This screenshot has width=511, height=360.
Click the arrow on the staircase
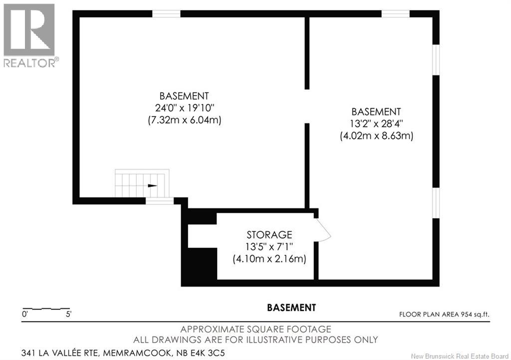tap(153, 186)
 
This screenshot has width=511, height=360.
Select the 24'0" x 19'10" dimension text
tap(184, 108)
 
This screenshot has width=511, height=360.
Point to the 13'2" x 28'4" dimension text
tap(376, 124)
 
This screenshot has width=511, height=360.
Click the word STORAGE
tap(269, 235)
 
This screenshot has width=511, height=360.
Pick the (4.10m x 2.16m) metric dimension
tap(269, 259)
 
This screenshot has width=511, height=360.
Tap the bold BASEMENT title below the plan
tap(291, 308)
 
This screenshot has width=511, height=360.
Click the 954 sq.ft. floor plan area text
tap(475, 315)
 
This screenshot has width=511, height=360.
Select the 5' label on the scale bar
tap(69, 315)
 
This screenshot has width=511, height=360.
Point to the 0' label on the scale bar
tap(25, 315)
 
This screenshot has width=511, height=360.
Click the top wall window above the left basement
tap(166, 14)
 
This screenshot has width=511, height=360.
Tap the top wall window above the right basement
tap(396, 14)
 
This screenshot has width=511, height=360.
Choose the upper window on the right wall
tap(436, 60)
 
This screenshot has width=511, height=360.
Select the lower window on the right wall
tap(436, 203)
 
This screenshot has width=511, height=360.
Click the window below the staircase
tap(160, 201)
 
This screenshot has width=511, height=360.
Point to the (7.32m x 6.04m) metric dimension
tap(185, 120)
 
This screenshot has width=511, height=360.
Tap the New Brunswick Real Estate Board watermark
tap(460, 356)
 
